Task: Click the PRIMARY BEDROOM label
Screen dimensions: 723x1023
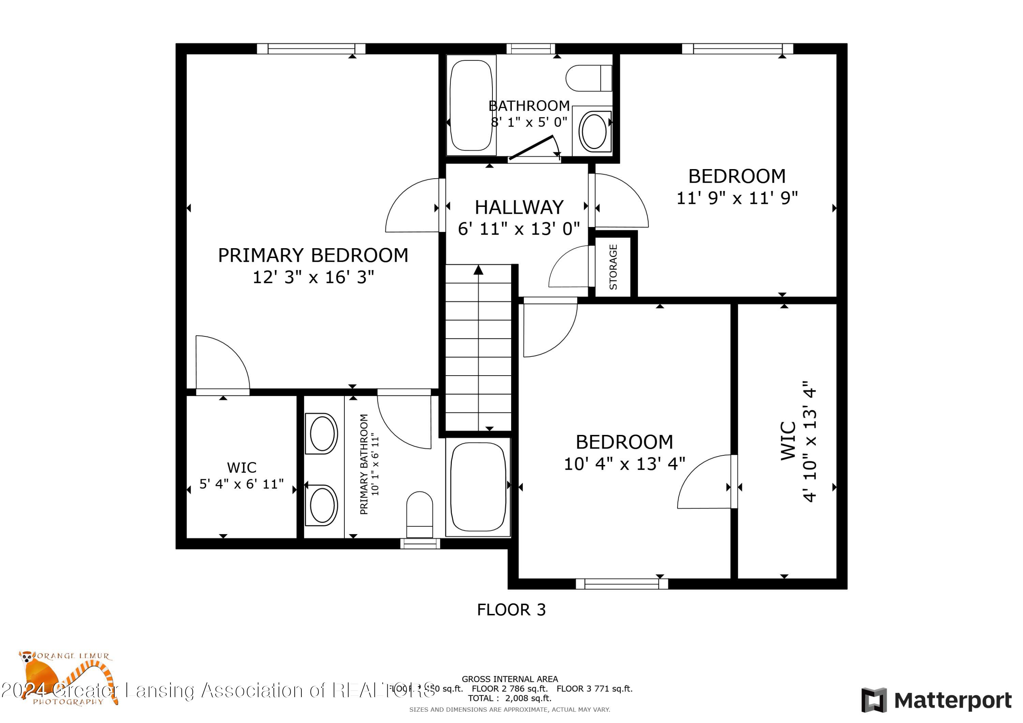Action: tap(313, 255)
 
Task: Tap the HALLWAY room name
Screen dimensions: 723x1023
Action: tap(519, 207)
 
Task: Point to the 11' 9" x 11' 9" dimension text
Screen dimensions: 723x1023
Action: tap(737, 198)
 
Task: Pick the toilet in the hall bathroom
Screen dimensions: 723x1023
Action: tap(589, 78)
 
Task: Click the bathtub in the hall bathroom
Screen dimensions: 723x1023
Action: tap(471, 105)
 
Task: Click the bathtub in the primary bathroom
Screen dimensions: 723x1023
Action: tap(478, 486)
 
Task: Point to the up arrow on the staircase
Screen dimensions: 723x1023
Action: tap(478, 270)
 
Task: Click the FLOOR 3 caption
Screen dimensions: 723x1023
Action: tap(511, 609)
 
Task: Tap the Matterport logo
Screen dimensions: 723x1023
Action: tap(936, 700)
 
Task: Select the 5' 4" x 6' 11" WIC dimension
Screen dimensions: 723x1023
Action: tap(241, 484)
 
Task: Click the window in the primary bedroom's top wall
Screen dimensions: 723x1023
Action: tap(311, 48)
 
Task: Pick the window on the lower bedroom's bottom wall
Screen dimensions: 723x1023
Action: tap(622, 584)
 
